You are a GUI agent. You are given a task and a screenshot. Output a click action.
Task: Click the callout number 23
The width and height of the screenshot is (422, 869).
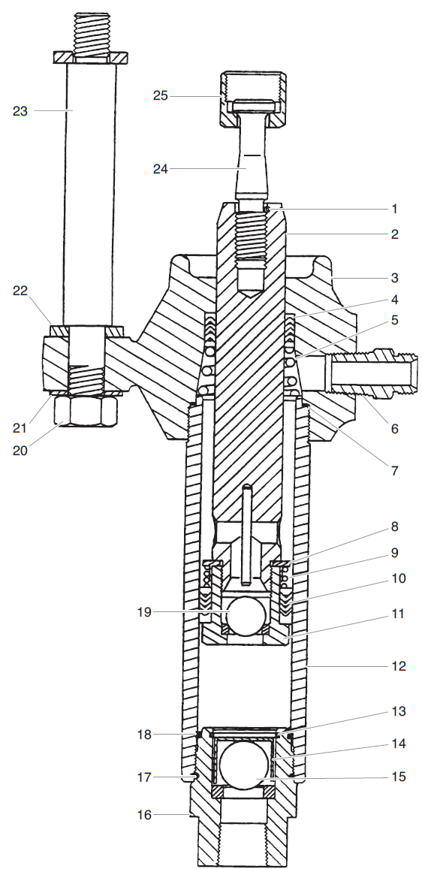coord(20,110)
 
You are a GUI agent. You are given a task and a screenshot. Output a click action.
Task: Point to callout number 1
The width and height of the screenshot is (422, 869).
coord(393,209)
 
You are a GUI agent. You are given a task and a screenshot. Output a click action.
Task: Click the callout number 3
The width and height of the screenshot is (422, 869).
coord(393,278)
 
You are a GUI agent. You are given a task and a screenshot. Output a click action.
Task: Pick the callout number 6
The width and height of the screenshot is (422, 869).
coord(393,429)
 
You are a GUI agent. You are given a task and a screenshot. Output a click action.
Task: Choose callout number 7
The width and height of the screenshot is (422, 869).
coord(393,471)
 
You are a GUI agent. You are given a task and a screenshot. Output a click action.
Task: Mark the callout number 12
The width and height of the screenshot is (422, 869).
coord(397,665)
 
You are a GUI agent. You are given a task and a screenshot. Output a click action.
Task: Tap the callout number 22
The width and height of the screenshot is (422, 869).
coord(20,291)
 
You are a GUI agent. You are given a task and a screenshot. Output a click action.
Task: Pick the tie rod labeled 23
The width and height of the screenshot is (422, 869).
coord(89,188)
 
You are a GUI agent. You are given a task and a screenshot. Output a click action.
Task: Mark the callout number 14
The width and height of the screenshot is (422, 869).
coord(397,744)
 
